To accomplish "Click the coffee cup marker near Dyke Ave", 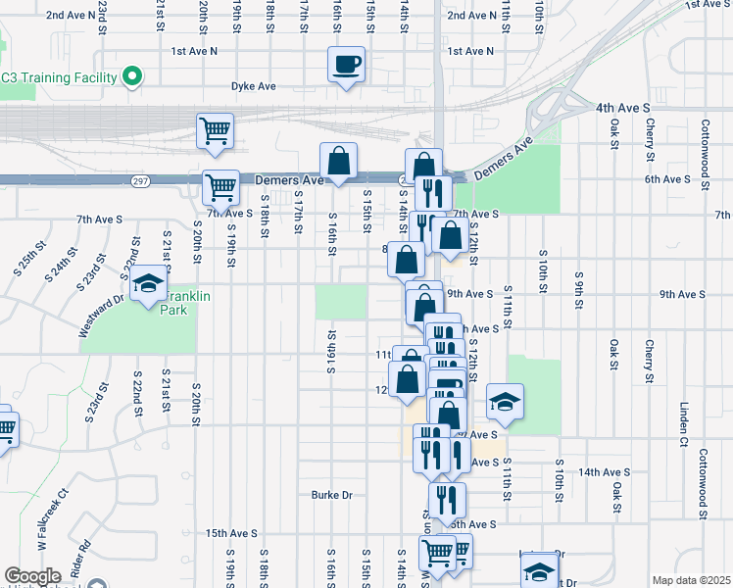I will click(x=347, y=66).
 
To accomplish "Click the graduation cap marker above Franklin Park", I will click(x=148, y=284).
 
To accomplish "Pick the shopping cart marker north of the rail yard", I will click(x=216, y=129).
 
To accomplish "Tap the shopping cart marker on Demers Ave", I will click(x=221, y=185).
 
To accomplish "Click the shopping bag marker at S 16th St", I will click(x=338, y=161).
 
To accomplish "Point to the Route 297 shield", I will click(x=141, y=181).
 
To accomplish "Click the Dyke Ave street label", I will click(x=253, y=86).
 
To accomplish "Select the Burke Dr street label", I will click(x=331, y=495).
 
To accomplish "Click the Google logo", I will click(x=32, y=576).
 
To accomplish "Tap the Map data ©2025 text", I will click(x=691, y=580).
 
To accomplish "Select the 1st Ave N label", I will click(x=194, y=51).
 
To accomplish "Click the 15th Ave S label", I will click(x=231, y=533).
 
